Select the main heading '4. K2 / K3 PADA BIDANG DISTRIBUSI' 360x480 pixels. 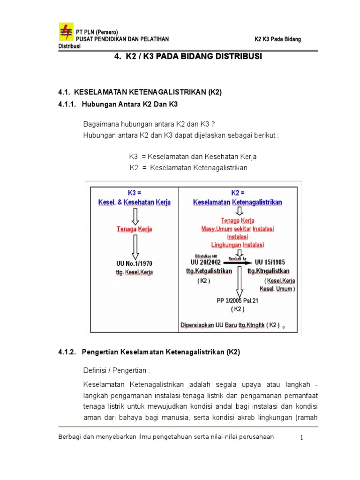point(188,57)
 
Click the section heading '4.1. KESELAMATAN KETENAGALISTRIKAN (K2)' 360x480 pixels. point(140,93)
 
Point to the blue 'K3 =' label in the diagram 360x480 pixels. point(135,193)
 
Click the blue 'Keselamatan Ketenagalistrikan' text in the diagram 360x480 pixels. point(238,202)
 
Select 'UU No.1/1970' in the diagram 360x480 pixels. point(134,263)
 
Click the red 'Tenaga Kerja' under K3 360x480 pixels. point(135,229)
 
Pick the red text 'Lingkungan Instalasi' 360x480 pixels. point(238,245)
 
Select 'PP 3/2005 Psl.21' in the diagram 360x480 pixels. point(238,301)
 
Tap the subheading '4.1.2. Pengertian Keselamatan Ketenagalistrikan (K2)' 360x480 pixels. point(149,352)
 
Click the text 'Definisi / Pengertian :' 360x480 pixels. point(116,370)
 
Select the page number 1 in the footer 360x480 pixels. point(302,437)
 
